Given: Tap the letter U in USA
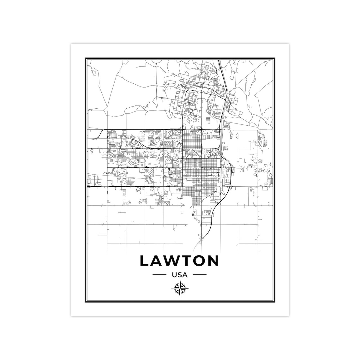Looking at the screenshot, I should (175, 275).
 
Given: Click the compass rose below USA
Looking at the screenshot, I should (180, 288).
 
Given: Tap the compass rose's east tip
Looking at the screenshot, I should (187, 288).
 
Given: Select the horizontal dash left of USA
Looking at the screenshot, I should (159, 275).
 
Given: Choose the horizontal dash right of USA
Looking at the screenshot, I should (199, 275).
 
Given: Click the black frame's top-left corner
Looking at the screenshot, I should (85, 58).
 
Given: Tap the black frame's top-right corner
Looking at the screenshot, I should (274, 58).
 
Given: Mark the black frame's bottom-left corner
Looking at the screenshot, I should (85, 302).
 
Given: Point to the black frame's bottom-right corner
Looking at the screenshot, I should (274, 302).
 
